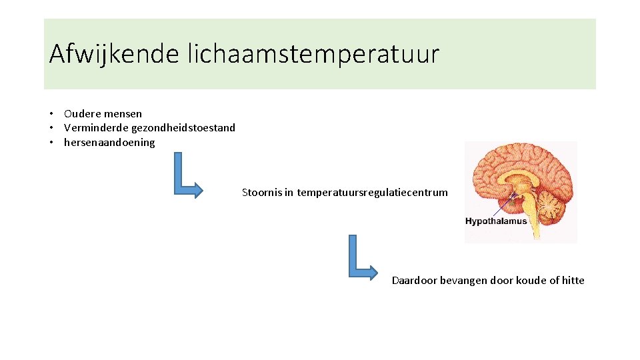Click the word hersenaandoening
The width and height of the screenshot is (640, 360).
[x=109, y=142]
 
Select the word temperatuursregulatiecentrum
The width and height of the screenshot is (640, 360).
[x=373, y=193]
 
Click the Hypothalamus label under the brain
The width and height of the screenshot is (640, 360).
[x=496, y=221]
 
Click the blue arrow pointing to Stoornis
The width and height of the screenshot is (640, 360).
[x=187, y=177]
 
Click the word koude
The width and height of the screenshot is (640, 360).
[x=531, y=280]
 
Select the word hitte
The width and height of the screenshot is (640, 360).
[x=573, y=280]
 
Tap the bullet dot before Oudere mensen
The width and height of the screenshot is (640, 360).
[x=51, y=113]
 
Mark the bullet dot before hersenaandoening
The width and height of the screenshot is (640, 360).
[x=51, y=142]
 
